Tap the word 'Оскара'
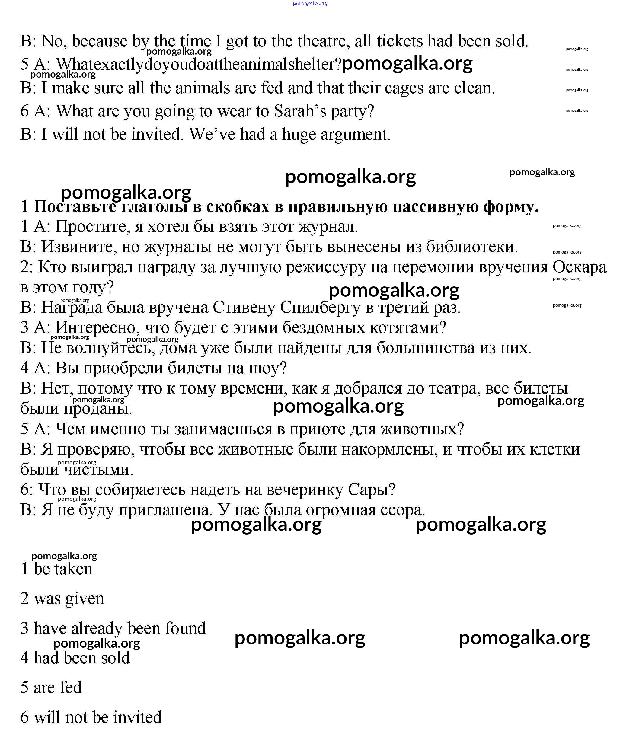(x=579, y=267)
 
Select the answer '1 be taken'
(x=56, y=569)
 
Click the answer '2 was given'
(x=62, y=598)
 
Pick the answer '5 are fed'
(x=51, y=688)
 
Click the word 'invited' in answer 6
(x=141, y=717)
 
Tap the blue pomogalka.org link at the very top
(x=310, y=4)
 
